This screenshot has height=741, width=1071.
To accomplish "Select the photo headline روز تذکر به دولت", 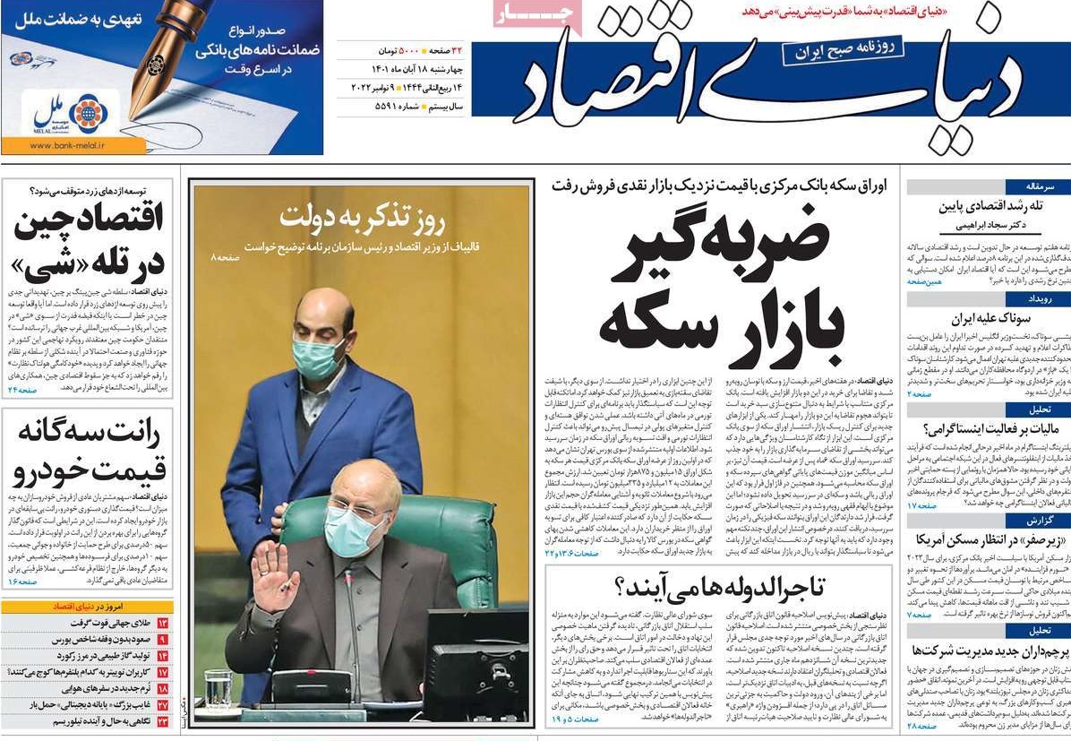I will pyautogui.click(x=362, y=219).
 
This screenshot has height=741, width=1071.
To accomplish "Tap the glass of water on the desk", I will pyautogui.click(x=218, y=689).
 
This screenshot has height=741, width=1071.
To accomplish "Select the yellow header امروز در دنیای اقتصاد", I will pyautogui.click(x=88, y=607).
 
